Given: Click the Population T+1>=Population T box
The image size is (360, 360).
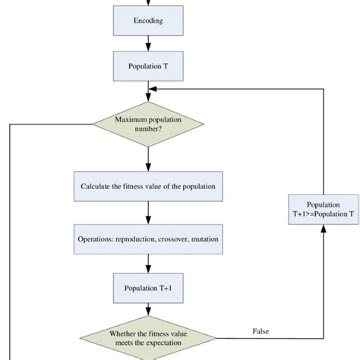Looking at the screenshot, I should (324, 210).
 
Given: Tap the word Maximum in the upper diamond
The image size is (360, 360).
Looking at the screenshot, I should (132, 119).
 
